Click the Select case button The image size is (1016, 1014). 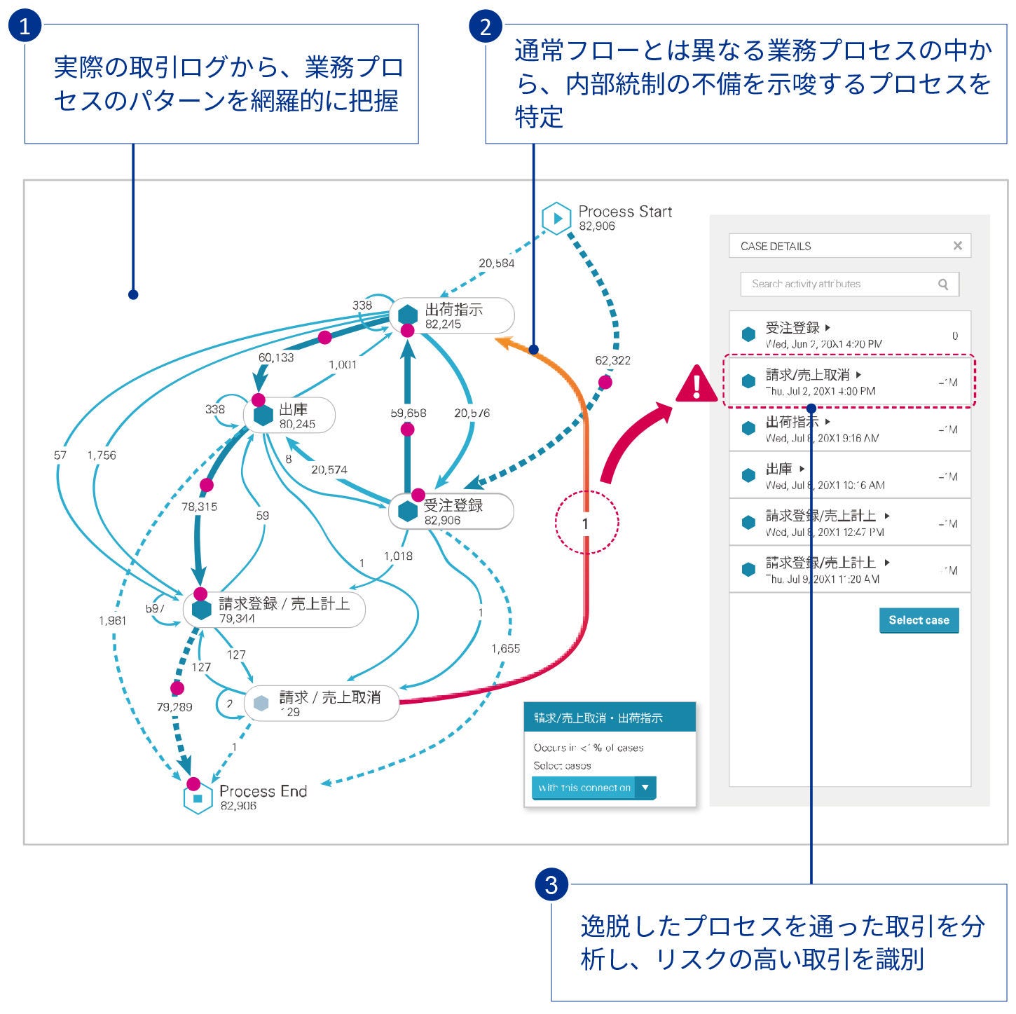pos(919,620)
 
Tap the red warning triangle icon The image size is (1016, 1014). pos(696,385)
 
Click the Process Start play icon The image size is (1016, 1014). pos(557,218)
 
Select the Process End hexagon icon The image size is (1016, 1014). pos(198,798)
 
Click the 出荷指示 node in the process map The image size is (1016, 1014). pos(452,316)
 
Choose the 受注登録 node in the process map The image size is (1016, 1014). pos(451,512)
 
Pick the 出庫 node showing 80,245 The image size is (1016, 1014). pos(289,416)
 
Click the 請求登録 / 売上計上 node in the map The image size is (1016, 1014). pos(274,609)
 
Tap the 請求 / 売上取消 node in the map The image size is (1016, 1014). pos(322,703)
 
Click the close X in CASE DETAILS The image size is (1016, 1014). pos(957,246)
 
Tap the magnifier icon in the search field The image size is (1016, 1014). pos(943,284)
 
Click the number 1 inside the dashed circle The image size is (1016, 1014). pos(586,523)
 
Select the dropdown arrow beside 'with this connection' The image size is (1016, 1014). pos(645,788)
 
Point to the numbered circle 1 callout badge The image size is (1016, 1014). pos(25,26)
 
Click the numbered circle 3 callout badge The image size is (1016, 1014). pos(551,885)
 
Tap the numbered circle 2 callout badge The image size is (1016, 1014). pos(486,27)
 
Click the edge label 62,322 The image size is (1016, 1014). pos(612,360)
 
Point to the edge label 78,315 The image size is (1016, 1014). pos(199,506)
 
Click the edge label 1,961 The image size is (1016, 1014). pos(112,620)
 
